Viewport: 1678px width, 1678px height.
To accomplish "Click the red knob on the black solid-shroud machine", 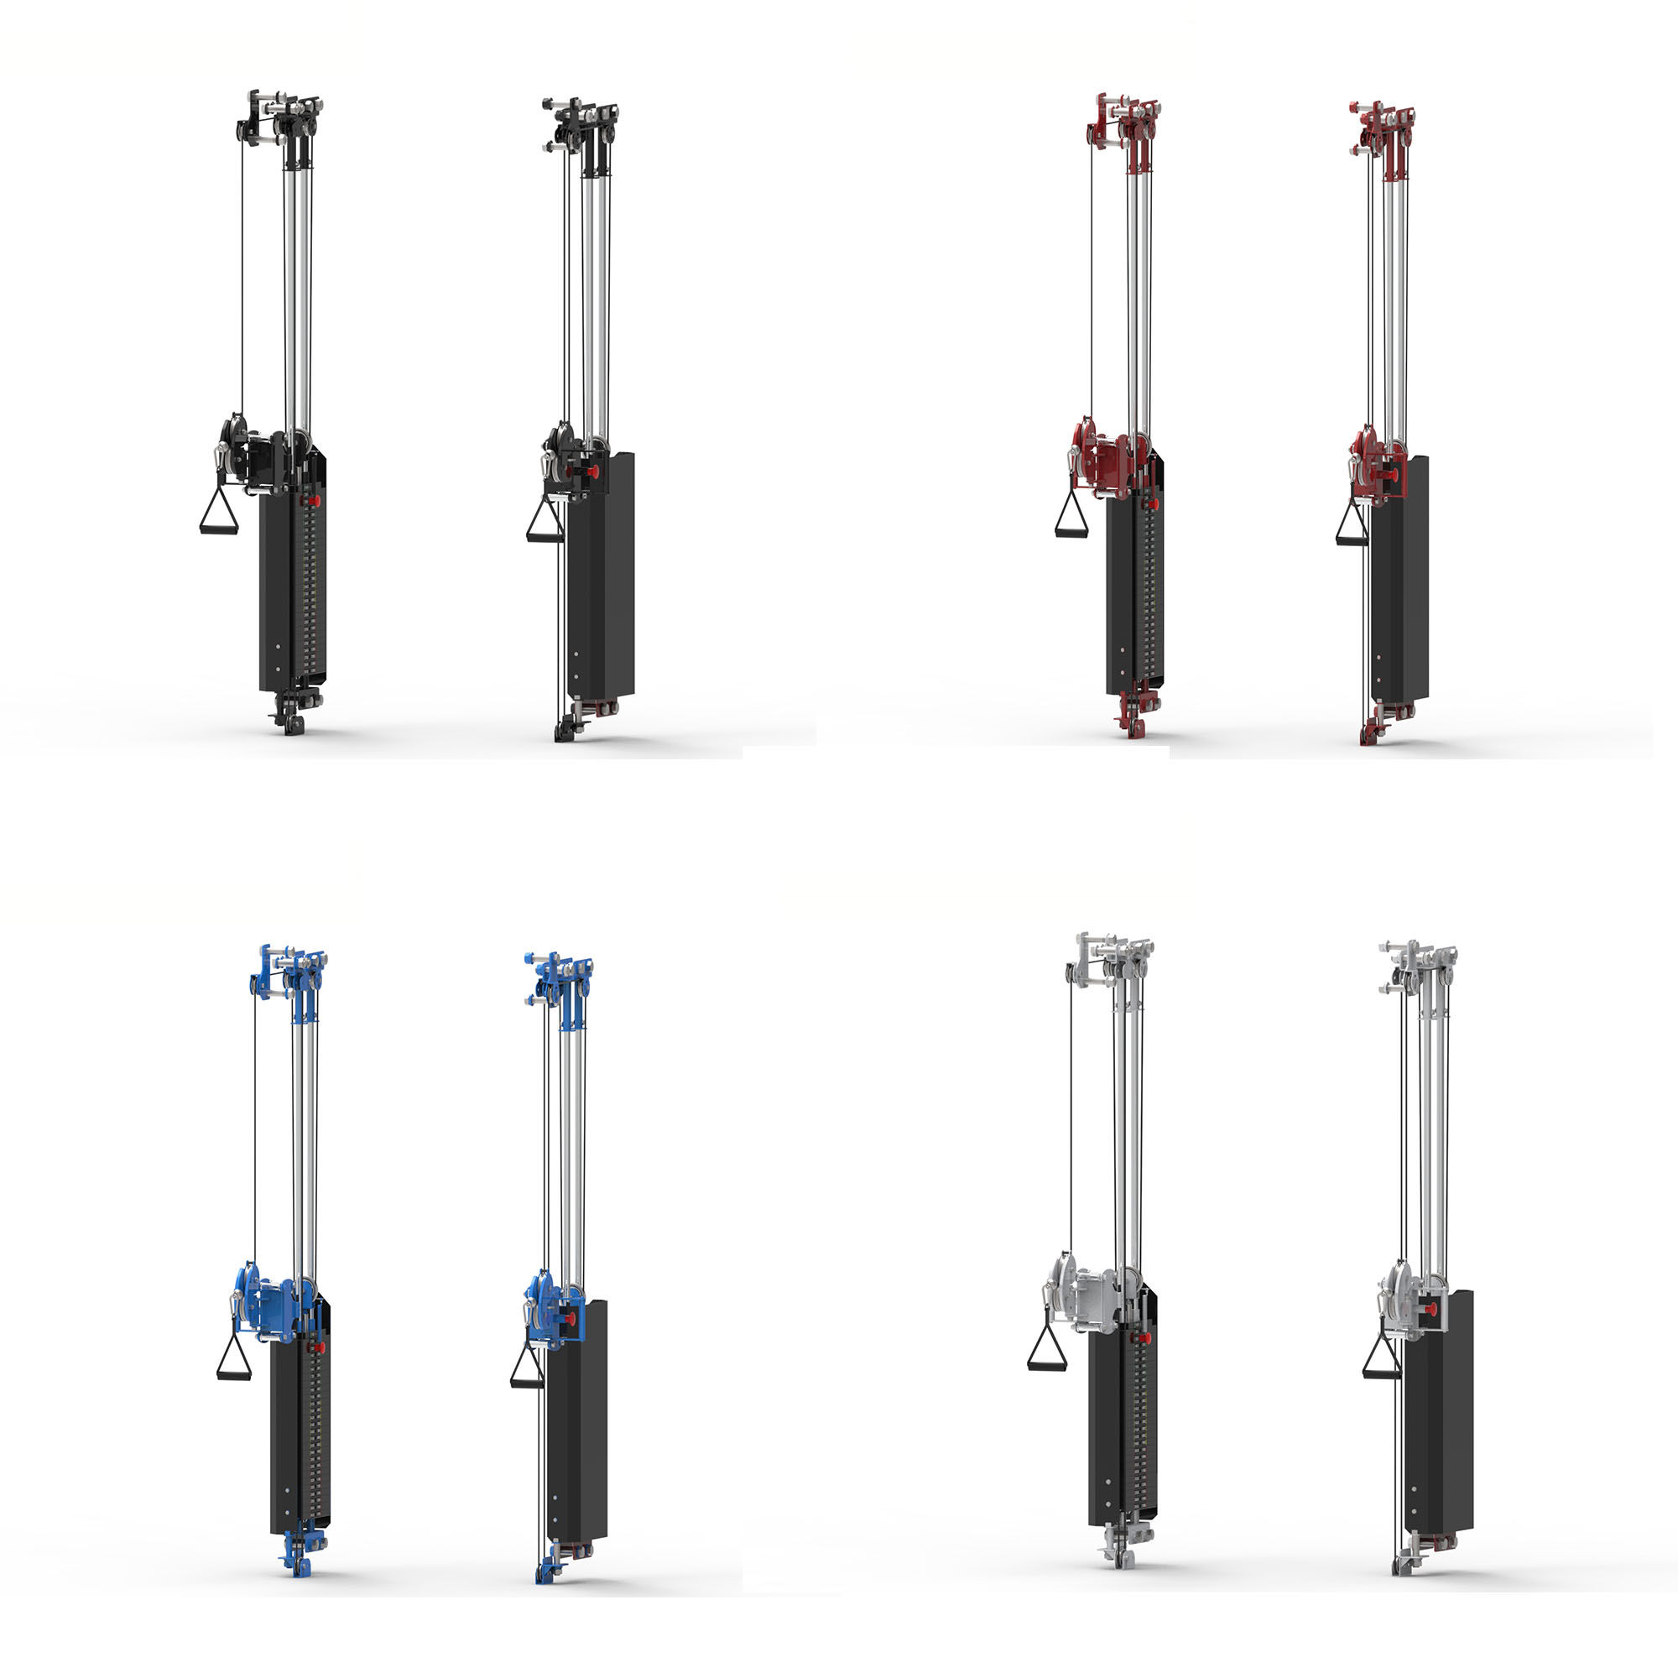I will [594, 472].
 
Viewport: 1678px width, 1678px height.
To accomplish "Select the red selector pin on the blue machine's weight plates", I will [320, 1347].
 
